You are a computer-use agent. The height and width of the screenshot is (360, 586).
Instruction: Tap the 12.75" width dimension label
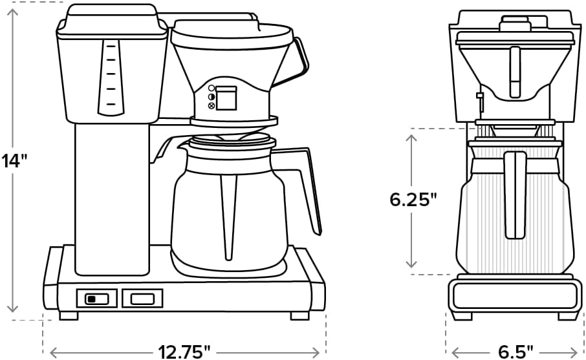(185, 352)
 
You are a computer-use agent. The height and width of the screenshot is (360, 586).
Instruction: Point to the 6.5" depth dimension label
(515, 352)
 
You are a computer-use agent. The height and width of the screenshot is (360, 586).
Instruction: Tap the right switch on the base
(142, 299)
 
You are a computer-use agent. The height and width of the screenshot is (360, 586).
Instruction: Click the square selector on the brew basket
(226, 98)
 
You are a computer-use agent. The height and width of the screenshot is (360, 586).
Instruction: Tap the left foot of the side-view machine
(69, 315)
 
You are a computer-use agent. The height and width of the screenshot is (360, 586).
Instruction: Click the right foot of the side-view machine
(299, 315)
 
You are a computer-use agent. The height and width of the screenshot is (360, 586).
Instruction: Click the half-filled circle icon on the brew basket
(211, 97)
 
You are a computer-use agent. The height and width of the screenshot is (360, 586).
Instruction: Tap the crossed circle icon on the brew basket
(211, 105)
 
